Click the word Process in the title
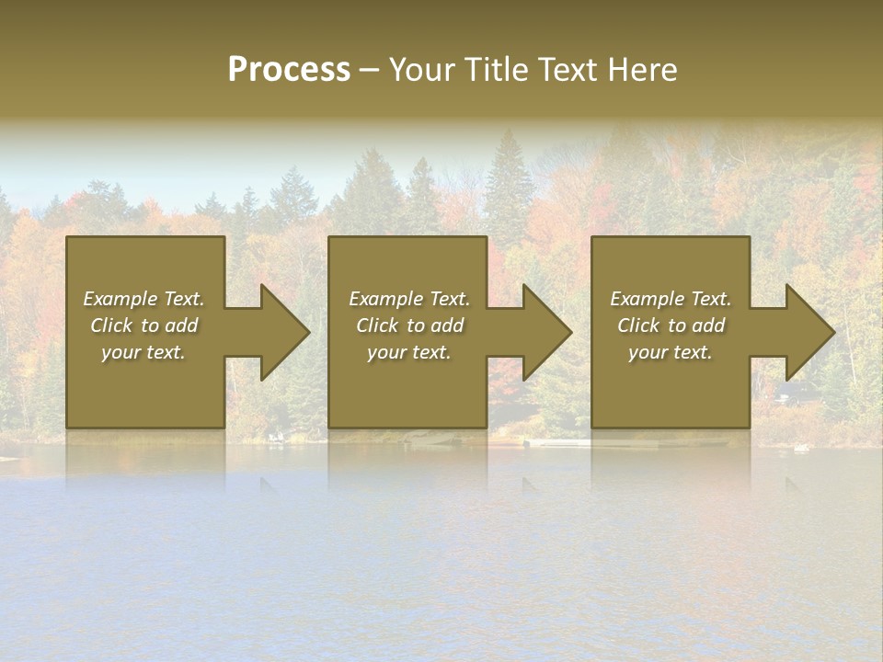[289, 70]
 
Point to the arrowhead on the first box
[281, 332]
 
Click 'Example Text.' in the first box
[143, 299]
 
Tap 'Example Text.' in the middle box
[409, 299]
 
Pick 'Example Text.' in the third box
[671, 299]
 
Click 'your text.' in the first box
[143, 352]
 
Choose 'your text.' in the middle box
[409, 352]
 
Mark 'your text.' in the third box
[671, 352]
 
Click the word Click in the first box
[111, 325]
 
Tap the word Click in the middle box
[377, 325]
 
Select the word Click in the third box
[638, 325]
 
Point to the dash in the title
[369, 70]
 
